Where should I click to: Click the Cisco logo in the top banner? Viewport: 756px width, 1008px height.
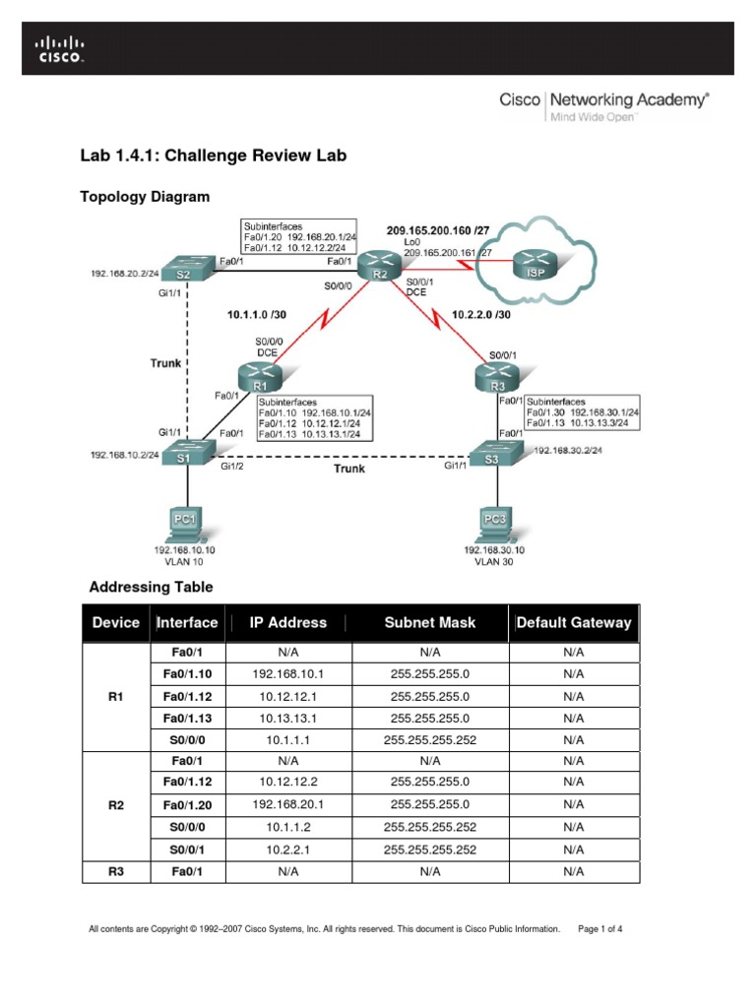61,48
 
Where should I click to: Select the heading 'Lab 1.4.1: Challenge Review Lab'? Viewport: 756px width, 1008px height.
213,156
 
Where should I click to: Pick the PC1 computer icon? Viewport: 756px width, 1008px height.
184,522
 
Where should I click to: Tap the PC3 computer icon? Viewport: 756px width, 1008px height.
495,522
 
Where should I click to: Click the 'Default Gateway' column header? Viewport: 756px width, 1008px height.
574,623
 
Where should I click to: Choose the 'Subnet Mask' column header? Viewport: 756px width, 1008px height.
430,623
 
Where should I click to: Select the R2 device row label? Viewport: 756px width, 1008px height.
114,805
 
